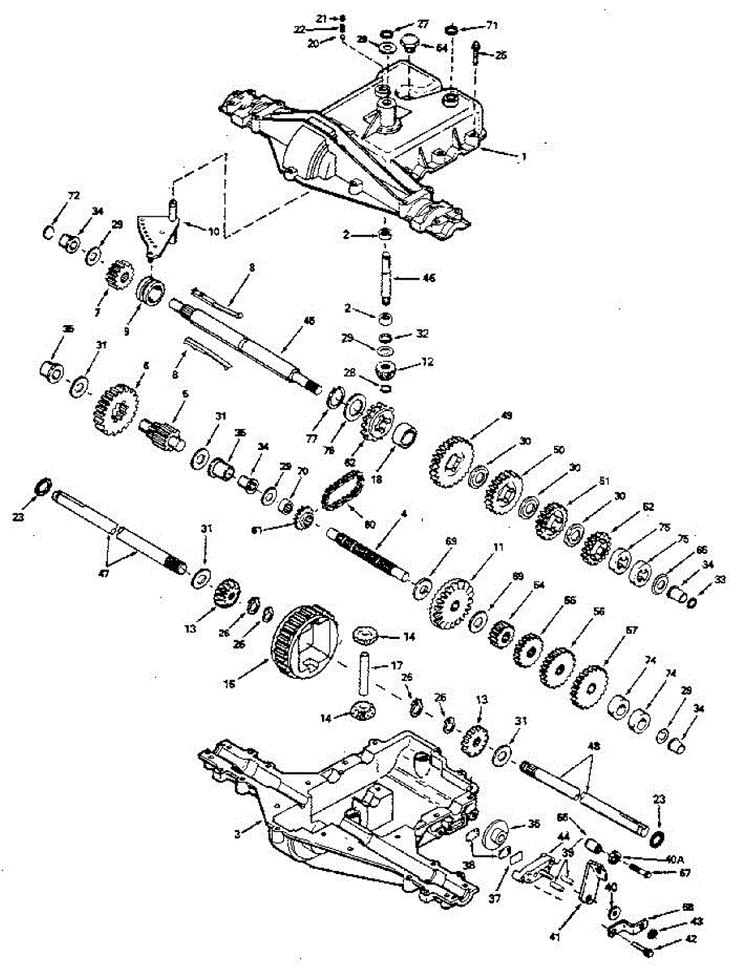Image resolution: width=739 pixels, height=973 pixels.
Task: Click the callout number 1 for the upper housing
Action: point(524,156)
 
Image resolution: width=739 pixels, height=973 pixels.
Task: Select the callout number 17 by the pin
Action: point(397,666)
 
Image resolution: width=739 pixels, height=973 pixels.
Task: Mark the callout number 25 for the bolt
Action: point(500,55)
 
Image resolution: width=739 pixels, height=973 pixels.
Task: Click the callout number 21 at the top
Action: point(320,17)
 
